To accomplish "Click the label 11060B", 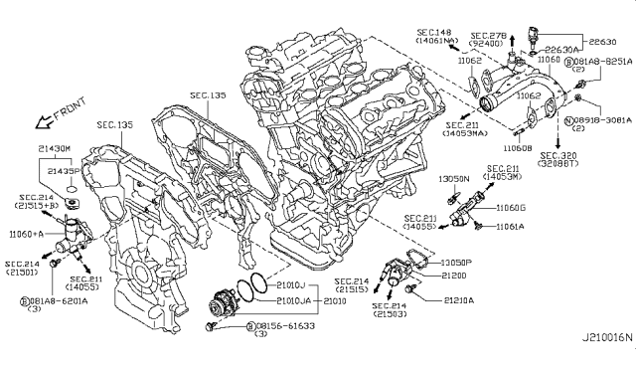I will (x=516, y=146).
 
